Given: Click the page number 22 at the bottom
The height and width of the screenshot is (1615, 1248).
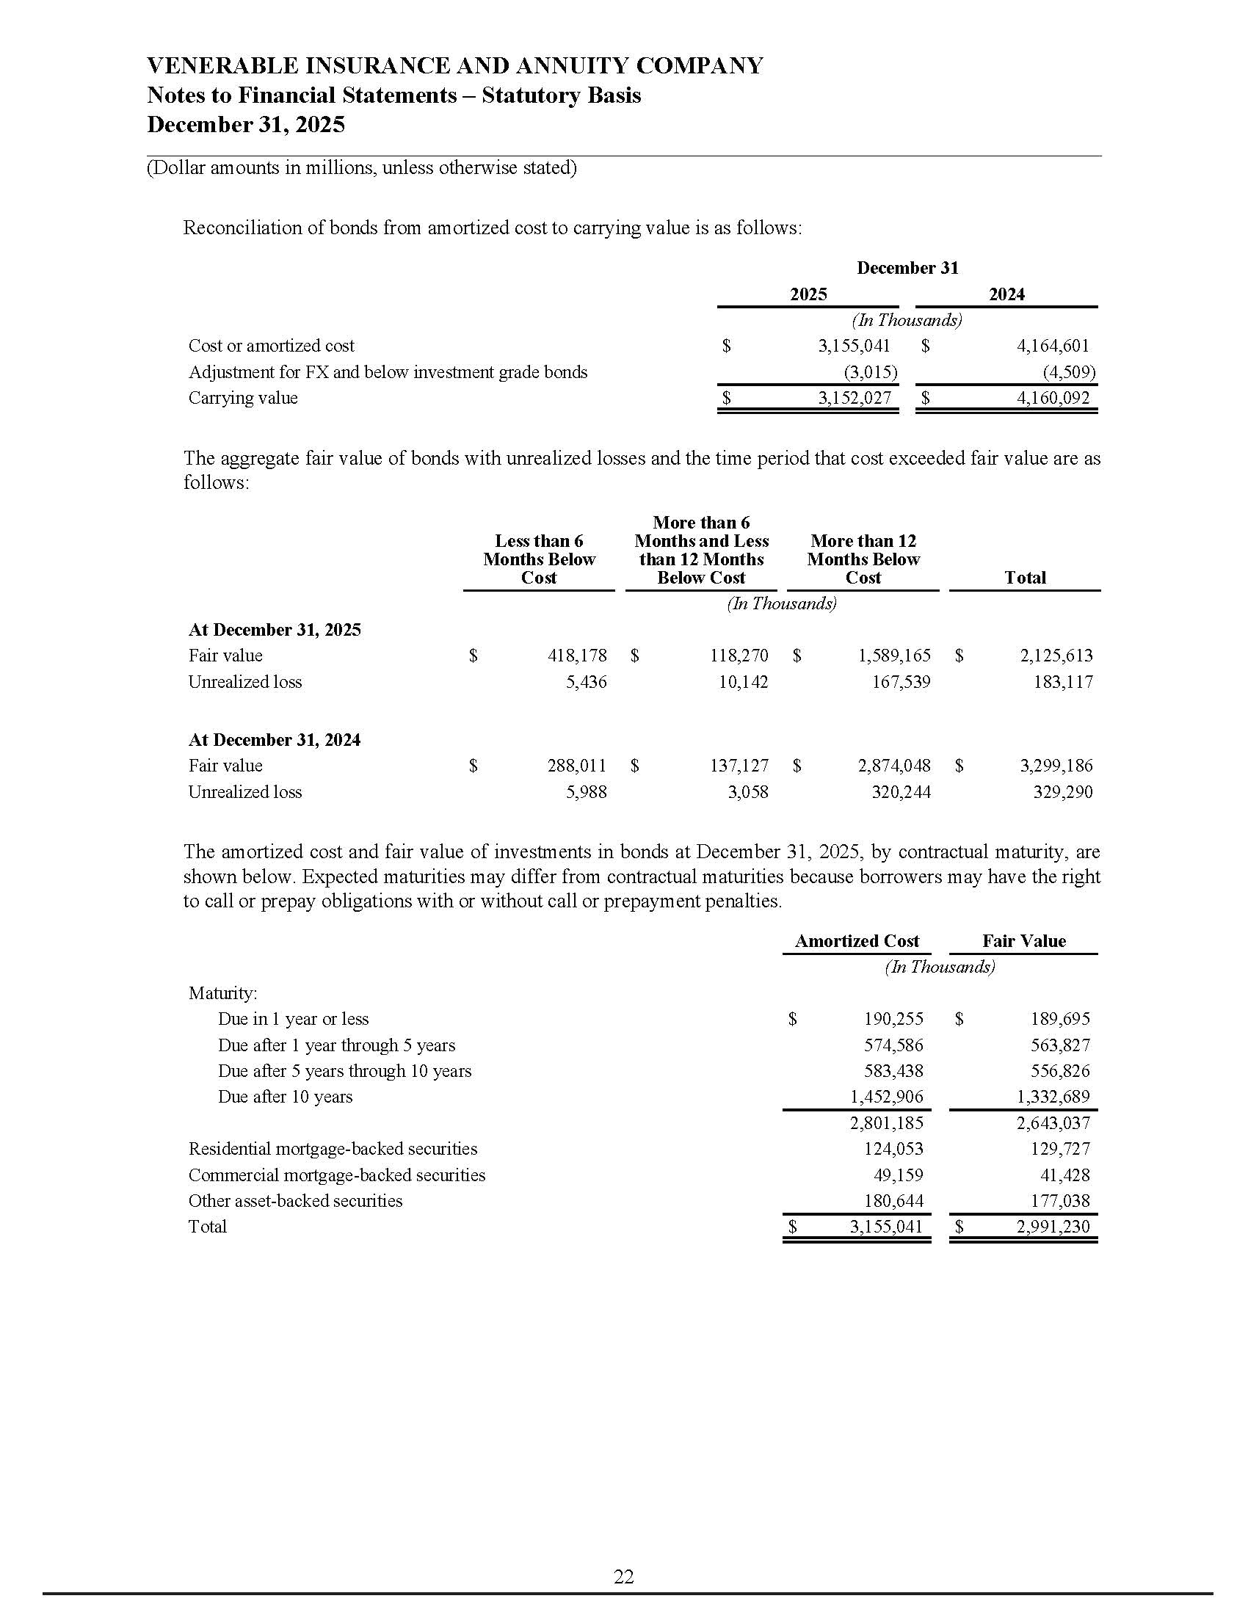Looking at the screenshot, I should (x=623, y=1578).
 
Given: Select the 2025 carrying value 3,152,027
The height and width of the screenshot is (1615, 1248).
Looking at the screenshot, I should (x=854, y=398).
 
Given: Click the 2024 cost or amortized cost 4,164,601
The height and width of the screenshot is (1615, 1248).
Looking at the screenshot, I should (x=1053, y=345).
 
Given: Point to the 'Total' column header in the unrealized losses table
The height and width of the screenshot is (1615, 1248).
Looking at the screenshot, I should (x=1025, y=578).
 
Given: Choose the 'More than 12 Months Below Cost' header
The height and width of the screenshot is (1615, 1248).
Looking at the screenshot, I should (x=863, y=559).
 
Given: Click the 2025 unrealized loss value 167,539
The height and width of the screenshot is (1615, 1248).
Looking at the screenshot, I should (x=901, y=682).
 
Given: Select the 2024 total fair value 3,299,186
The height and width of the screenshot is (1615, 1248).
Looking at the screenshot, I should (x=1056, y=766).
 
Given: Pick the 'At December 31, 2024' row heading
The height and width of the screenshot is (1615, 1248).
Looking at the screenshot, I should (x=275, y=739).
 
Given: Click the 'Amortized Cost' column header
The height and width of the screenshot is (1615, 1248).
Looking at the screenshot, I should (x=856, y=940).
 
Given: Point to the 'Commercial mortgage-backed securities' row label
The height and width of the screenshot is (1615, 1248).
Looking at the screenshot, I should (x=336, y=1175).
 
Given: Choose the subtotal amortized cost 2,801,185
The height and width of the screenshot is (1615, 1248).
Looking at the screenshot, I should (x=887, y=1123).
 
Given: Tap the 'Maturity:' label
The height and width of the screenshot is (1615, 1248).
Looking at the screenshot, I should (x=222, y=992).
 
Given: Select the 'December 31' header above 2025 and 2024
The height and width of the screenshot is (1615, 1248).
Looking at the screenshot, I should (x=907, y=268).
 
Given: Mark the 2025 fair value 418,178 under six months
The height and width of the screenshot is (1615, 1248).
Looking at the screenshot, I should (x=577, y=655).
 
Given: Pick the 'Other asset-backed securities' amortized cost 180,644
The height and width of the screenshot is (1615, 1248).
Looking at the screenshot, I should (x=894, y=1201).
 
